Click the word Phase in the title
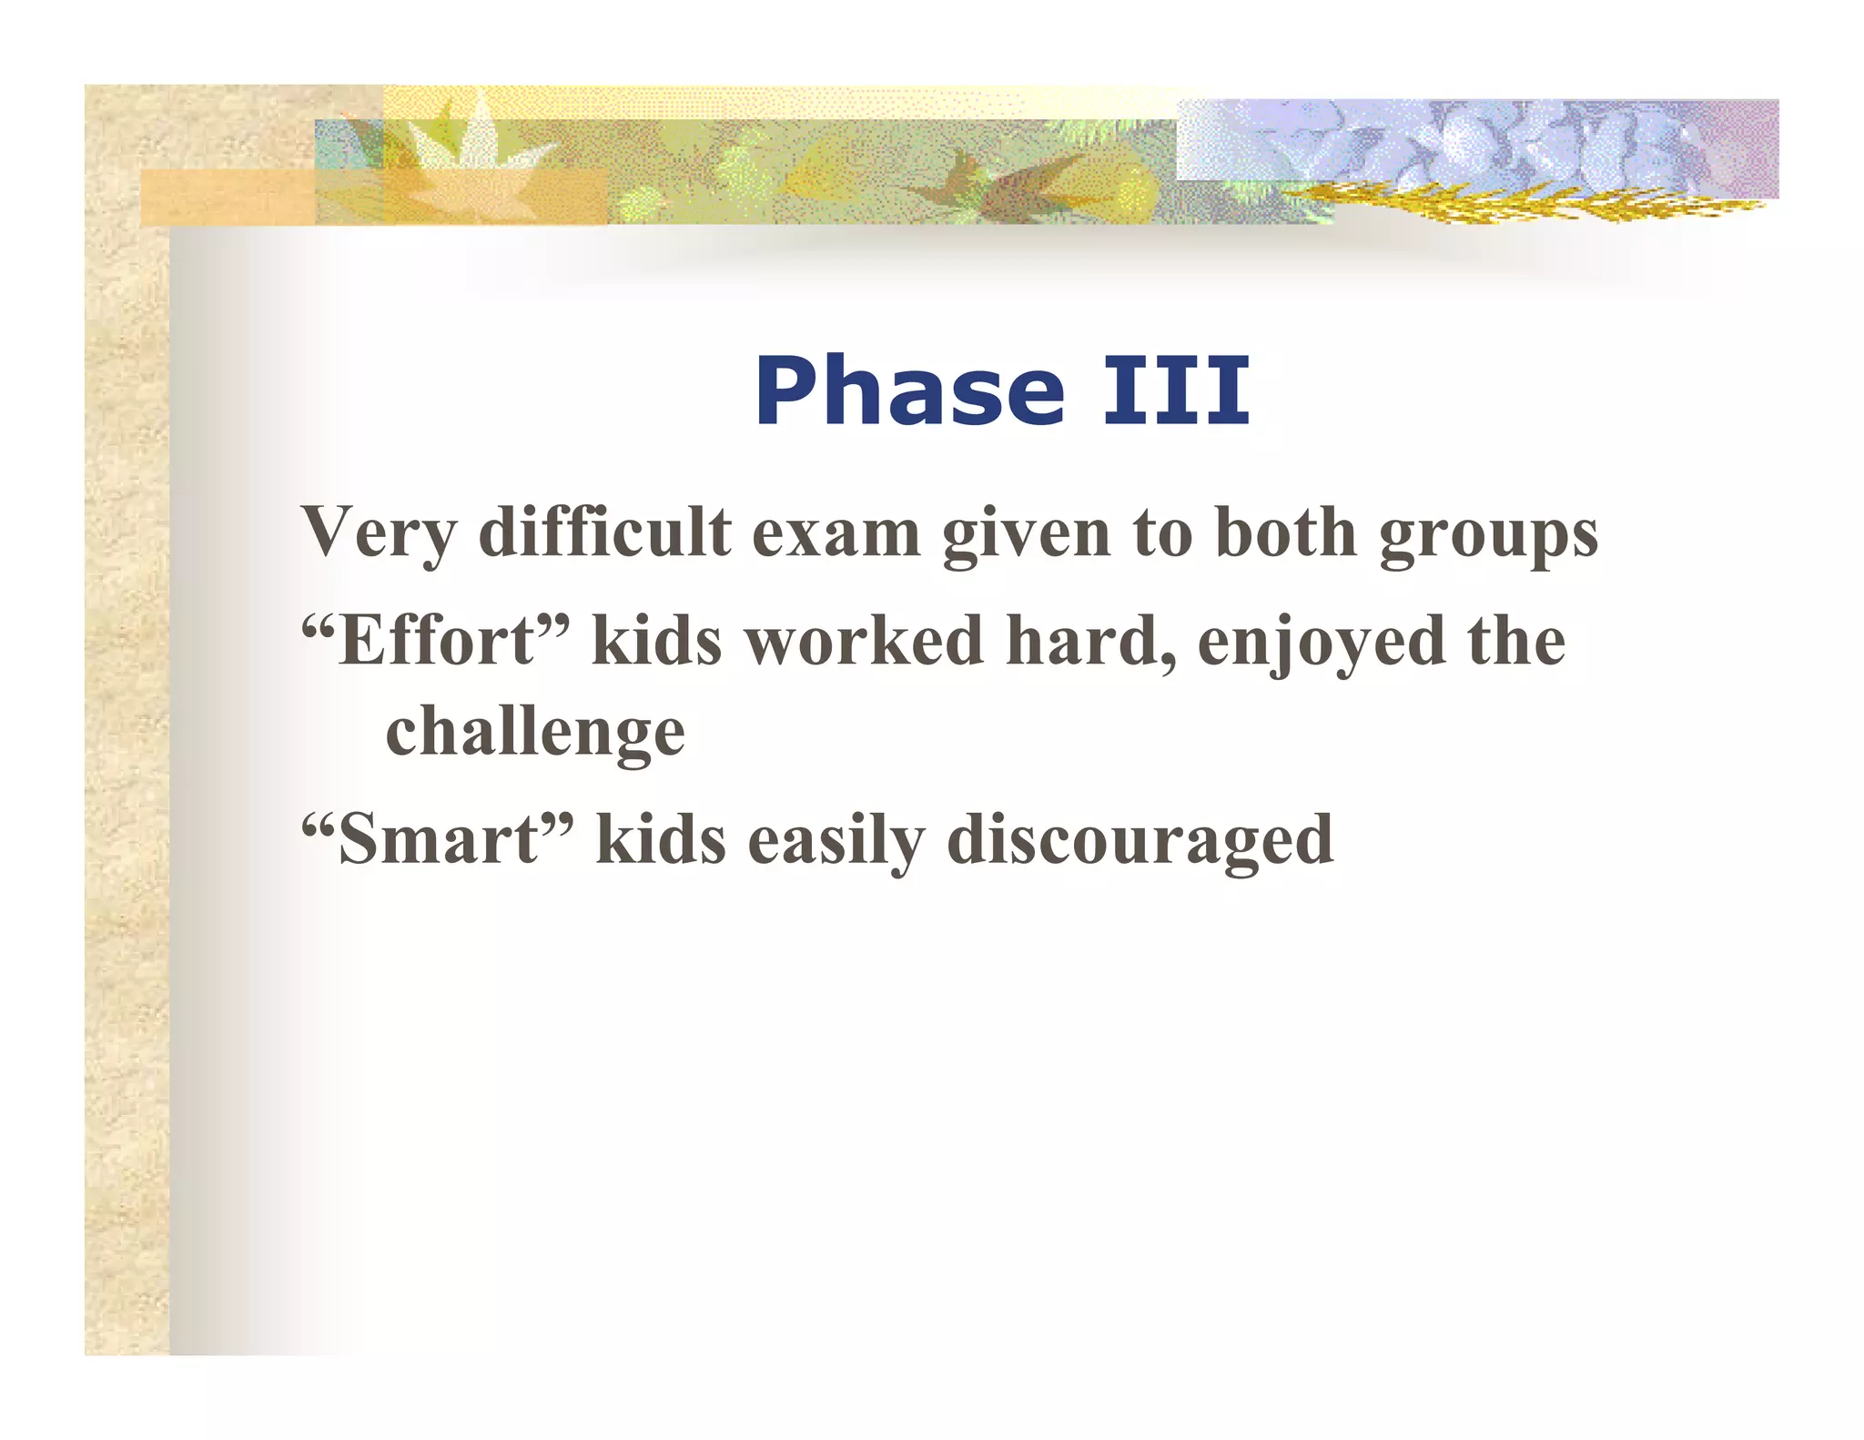909,391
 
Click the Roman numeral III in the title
1176,391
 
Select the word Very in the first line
378,533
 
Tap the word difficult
604,532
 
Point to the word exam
836,533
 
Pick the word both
1285,532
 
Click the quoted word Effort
435,641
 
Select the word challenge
535,734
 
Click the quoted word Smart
437,839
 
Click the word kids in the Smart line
661,839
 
